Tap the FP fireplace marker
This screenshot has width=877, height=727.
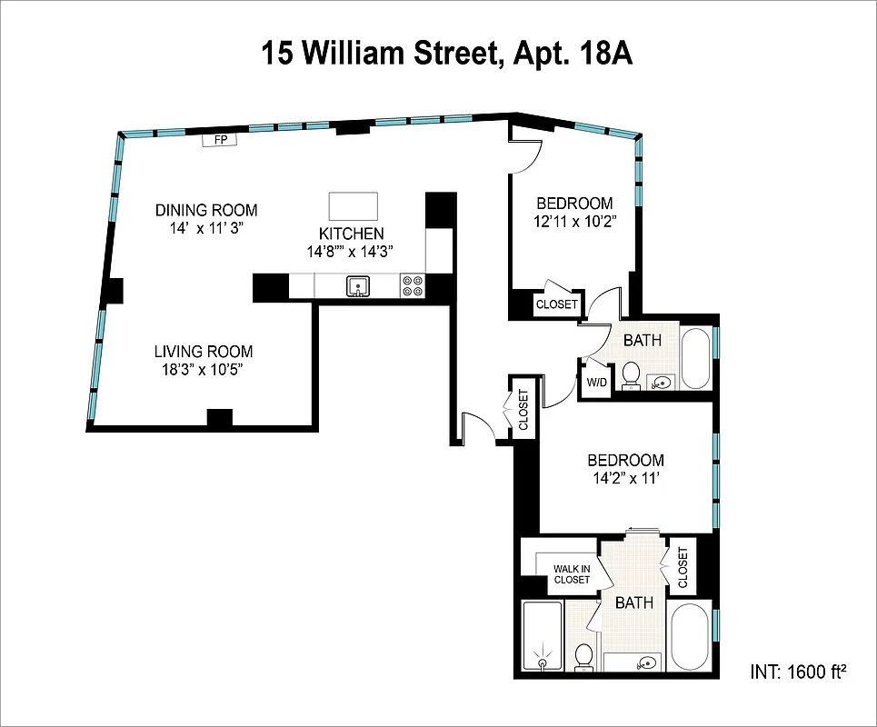click(x=219, y=140)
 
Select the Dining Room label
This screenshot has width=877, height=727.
click(x=205, y=210)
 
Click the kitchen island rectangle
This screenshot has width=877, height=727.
click(x=353, y=204)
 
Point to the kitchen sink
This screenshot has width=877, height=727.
click(x=359, y=287)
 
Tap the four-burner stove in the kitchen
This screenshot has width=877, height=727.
click(x=412, y=286)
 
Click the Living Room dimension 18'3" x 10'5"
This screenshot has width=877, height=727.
click(x=203, y=369)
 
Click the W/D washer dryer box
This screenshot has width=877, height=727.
click(x=596, y=383)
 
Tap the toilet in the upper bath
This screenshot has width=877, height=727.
click(x=631, y=375)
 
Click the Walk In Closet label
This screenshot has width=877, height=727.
click(x=572, y=574)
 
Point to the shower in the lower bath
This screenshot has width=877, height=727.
click(x=543, y=636)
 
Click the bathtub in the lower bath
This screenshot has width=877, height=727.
click(x=690, y=636)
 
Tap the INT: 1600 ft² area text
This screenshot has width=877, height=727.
click(x=798, y=672)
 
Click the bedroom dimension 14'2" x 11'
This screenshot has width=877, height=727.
click(x=624, y=477)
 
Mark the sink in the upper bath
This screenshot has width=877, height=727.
click(x=662, y=382)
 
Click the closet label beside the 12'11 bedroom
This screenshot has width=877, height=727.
click(x=556, y=304)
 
